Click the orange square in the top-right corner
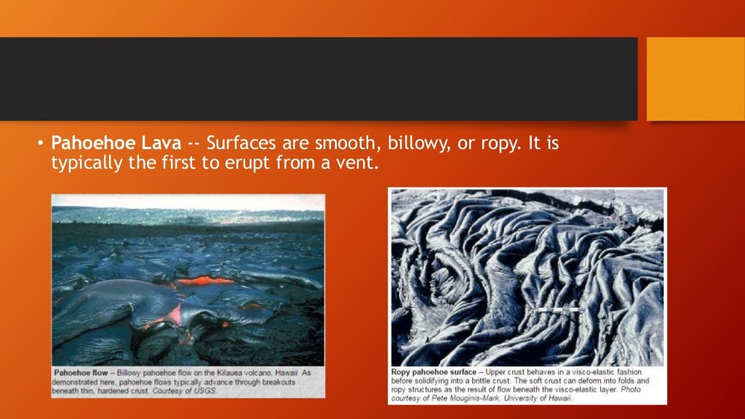click(x=696, y=79)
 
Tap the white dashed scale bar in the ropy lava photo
click(x=559, y=310)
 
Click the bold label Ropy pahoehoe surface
click(x=434, y=372)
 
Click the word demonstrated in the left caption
click(x=79, y=382)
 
